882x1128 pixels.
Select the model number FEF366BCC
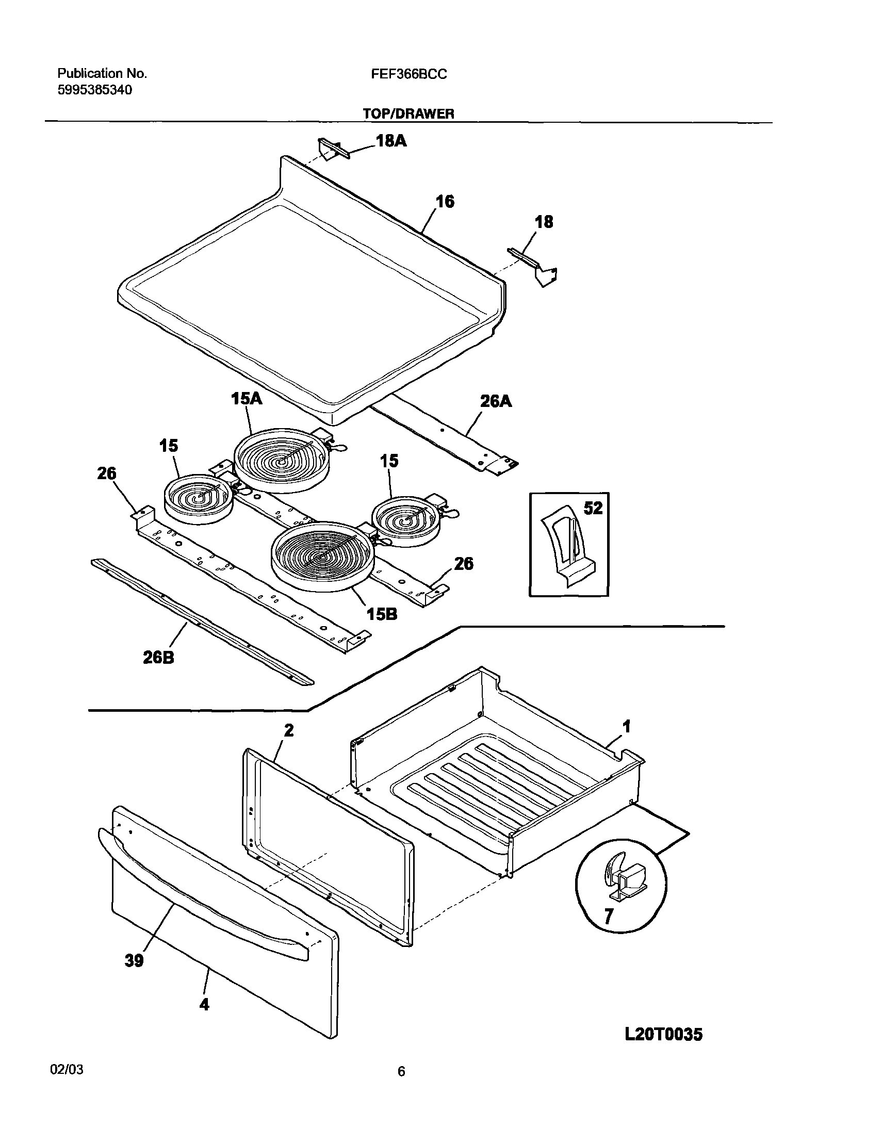(409, 74)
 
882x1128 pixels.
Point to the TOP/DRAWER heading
(409, 113)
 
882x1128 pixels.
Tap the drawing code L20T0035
(663, 1034)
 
